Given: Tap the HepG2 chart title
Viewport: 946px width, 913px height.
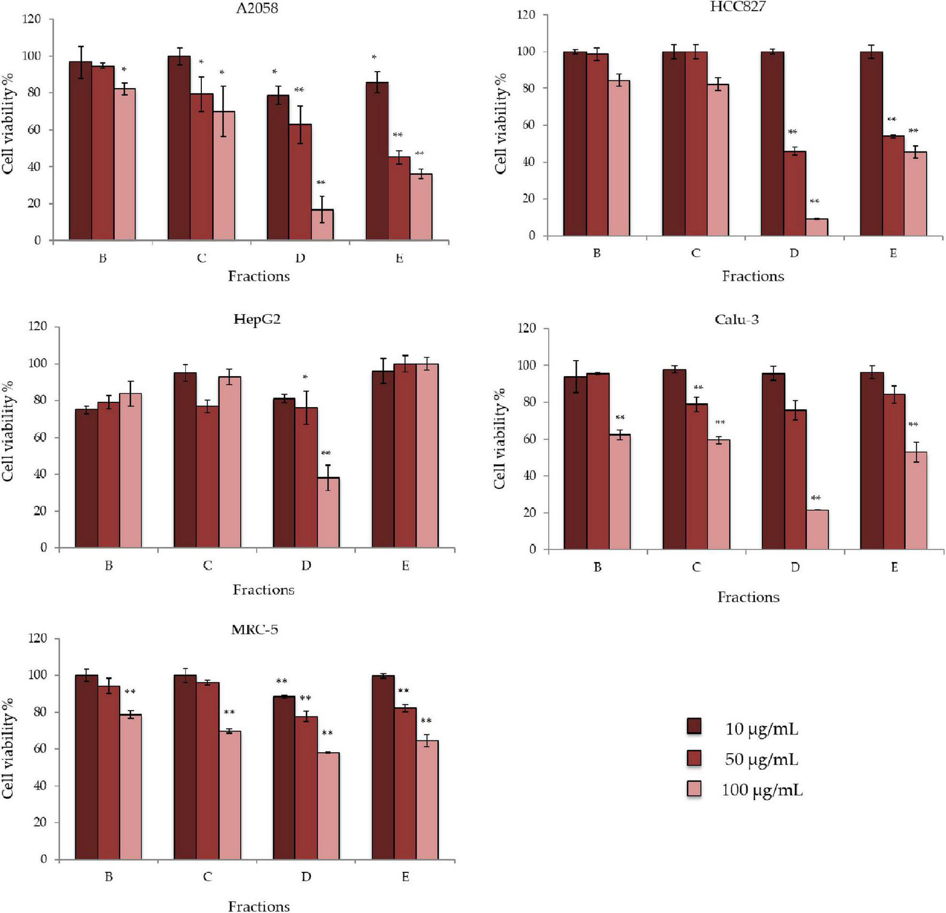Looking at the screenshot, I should (257, 319).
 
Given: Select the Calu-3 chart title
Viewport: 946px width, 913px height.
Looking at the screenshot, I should (737, 319).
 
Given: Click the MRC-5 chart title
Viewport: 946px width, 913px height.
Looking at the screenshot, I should (255, 629).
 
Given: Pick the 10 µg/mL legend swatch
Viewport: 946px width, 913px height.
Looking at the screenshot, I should (694, 727).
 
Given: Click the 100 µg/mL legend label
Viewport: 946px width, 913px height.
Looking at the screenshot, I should (762, 790).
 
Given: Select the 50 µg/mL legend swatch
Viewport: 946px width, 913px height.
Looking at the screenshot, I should (694, 758).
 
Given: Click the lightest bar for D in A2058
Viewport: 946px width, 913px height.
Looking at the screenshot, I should (322, 225).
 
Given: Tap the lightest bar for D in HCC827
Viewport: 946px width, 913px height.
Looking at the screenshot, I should (817, 227).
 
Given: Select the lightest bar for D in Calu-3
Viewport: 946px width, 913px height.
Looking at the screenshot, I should (817, 529).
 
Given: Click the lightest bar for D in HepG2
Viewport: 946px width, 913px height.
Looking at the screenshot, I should (328, 513).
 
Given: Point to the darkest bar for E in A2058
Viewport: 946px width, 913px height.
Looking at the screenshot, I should (377, 161).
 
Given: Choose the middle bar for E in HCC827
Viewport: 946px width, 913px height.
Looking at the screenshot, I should (893, 186).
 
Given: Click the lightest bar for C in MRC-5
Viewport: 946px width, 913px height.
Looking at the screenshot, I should (230, 795).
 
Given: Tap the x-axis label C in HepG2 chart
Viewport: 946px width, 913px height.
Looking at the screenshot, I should (208, 565).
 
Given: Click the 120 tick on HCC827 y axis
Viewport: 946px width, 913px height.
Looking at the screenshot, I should (526, 15).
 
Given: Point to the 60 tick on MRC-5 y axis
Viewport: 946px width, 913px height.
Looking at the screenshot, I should (40, 749).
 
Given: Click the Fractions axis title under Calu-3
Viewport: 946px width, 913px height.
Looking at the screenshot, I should (748, 597).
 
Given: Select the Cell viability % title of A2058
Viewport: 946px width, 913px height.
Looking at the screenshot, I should (9, 130).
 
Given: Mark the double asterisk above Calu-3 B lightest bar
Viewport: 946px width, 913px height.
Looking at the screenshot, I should (620, 418).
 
